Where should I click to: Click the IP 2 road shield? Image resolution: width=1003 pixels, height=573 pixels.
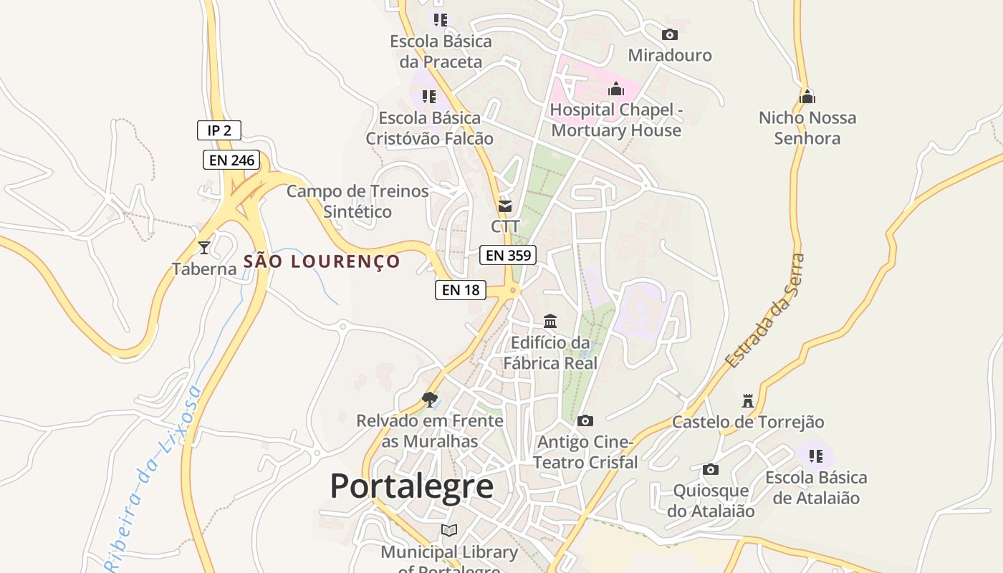coord(219,130)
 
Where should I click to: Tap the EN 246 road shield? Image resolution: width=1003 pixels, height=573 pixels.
coord(231,160)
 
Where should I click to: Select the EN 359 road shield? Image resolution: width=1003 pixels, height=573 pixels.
coord(508,255)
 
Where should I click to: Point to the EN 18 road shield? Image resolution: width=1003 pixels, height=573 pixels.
coord(461,290)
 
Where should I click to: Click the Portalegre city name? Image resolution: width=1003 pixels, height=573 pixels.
coord(411,486)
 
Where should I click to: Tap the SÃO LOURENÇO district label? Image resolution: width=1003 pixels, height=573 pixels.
coord(321,261)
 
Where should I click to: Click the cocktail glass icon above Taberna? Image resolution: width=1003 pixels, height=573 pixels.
coord(204,248)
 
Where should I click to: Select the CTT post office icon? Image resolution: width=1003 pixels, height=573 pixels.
coord(505,206)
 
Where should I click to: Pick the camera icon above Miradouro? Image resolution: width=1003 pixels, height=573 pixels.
coord(670,34)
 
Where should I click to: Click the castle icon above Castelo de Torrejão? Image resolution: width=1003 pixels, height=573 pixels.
coord(748,400)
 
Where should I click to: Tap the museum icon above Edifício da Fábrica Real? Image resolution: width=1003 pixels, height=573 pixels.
coord(550,321)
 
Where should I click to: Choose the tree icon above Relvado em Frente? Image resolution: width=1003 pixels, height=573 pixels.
coord(430,399)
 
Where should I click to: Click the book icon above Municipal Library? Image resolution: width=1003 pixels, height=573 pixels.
coord(449,531)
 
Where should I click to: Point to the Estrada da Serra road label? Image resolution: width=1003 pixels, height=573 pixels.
coord(765,312)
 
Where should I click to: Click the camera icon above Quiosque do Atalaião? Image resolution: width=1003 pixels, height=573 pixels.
coord(711,470)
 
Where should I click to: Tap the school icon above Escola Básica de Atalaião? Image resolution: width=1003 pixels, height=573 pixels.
coord(815,456)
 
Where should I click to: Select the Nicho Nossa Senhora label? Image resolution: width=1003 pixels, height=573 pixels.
coord(807,127)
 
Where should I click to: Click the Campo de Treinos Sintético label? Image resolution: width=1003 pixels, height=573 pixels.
coord(357,201)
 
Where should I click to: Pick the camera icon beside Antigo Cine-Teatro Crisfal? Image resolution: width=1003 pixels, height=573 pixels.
coord(585,421)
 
